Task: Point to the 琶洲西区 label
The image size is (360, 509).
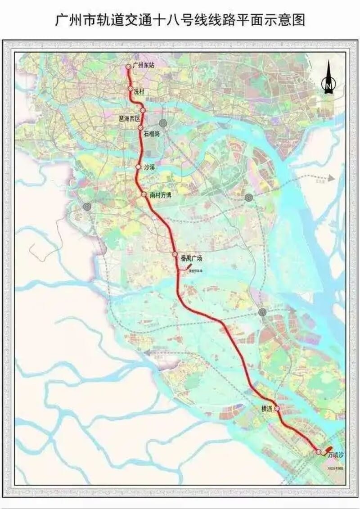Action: pyautogui.click(x=129, y=118)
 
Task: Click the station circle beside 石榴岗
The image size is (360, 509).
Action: pyautogui.click(x=141, y=128)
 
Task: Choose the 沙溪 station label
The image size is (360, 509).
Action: pyautogui.click(x=149, y=167)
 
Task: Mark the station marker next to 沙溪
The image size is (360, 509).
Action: pyautogui.click(x=138, y=167)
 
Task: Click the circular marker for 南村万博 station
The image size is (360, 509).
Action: pyautogui.click(x=144, y=195)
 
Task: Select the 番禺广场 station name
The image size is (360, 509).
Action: pyautogui.click(x=191, y=258)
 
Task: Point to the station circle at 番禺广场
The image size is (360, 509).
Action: pyautogui.click(x=175, y=255)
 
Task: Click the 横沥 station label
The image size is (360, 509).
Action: pyautogui.click(x=267, y=409)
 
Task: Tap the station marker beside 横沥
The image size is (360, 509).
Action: pyautogui.click(x=278, y=409)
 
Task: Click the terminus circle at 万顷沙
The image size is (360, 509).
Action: pyautogui.click(x=319, y=452)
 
